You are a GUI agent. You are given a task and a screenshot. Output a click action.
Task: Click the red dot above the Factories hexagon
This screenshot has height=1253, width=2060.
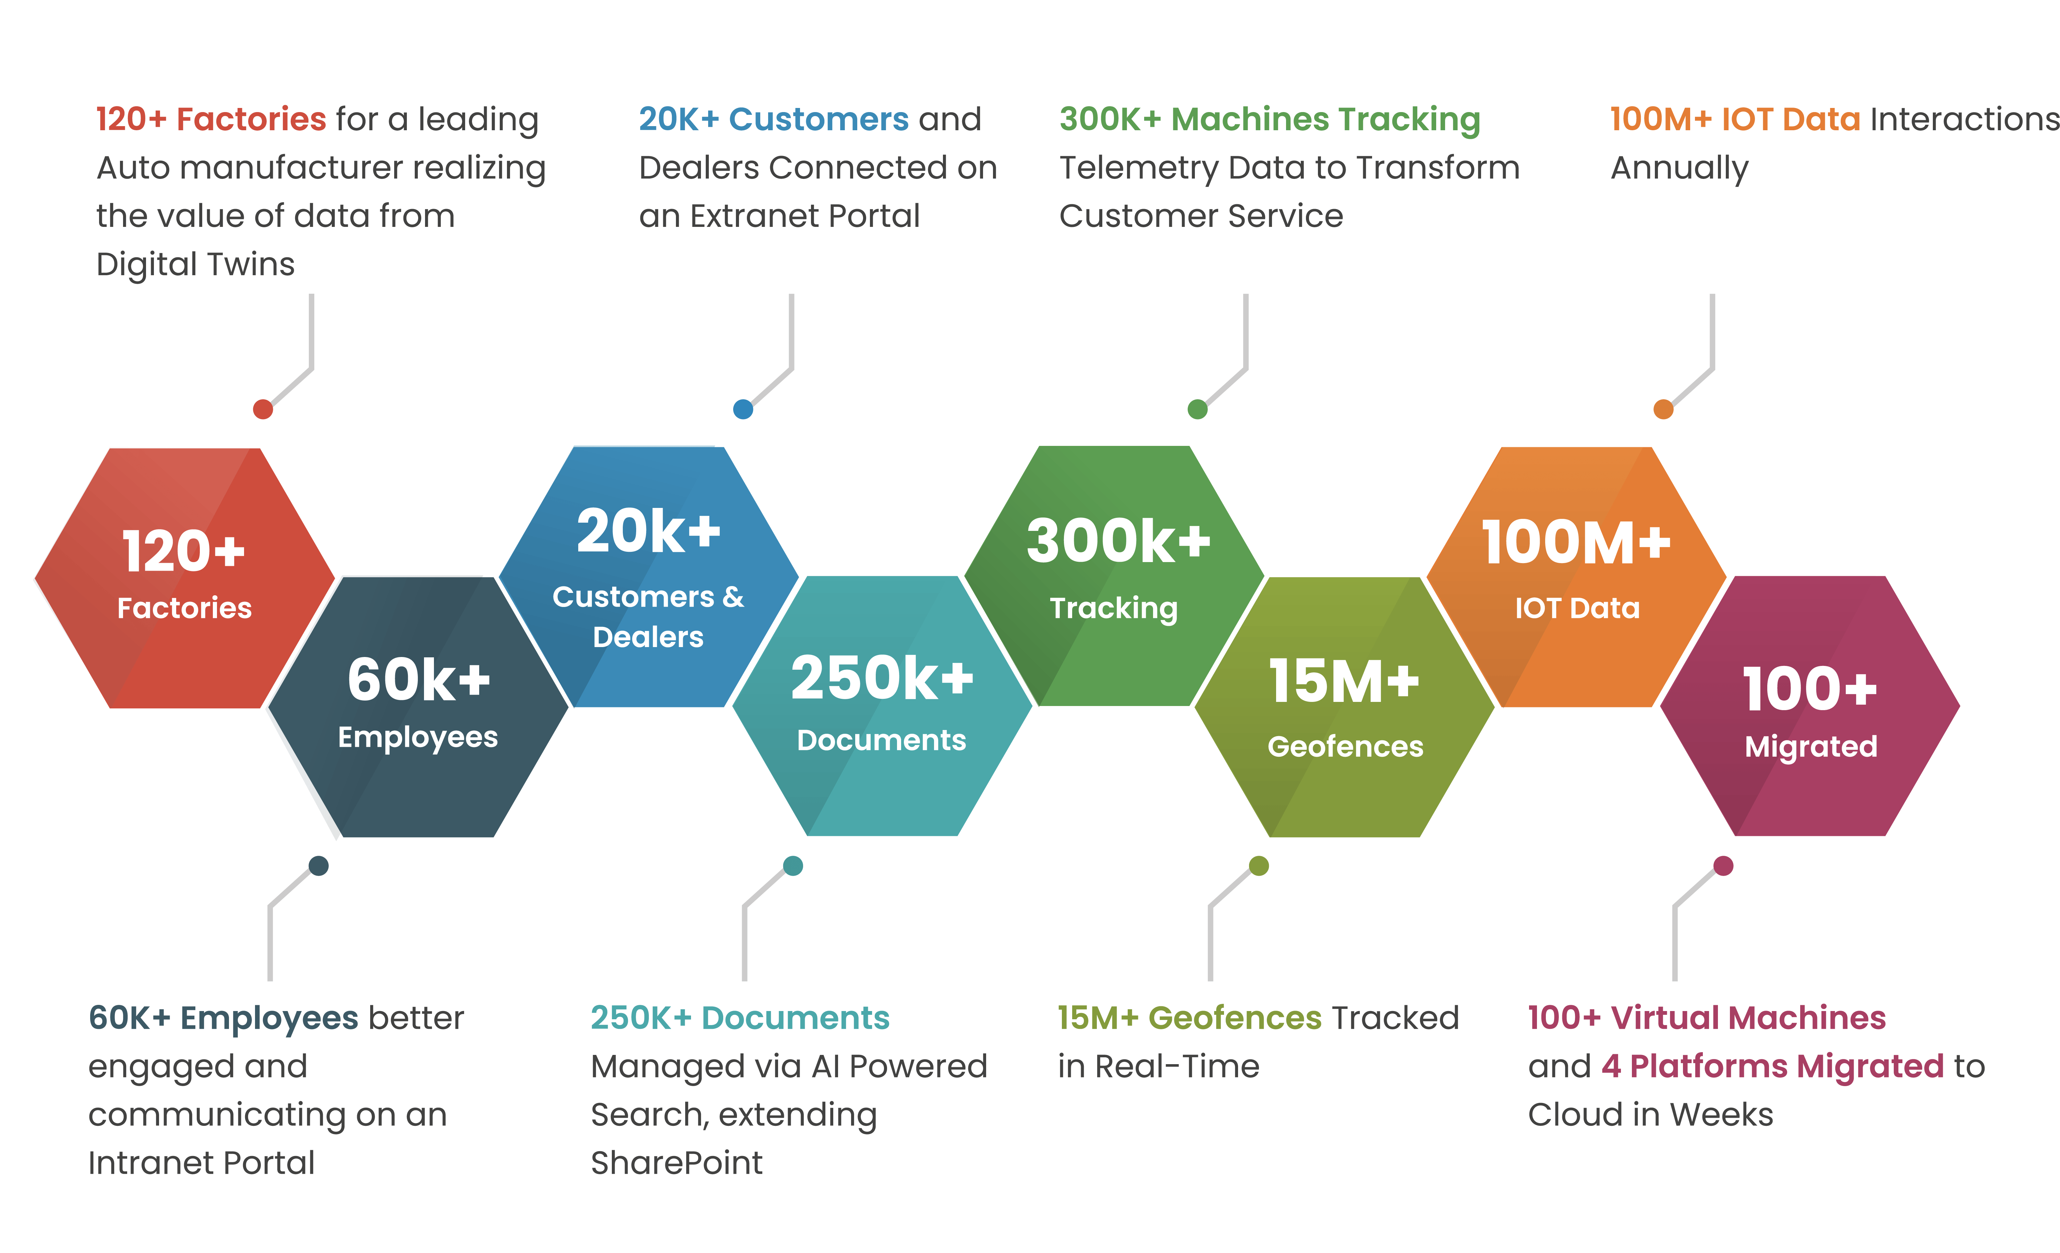click(x=263, y=409)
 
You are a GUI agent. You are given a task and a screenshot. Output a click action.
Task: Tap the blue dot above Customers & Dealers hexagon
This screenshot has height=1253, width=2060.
click(x=742, y=409)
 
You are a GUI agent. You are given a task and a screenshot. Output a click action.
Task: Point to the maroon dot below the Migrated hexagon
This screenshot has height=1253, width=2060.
click(x=1723, y=865)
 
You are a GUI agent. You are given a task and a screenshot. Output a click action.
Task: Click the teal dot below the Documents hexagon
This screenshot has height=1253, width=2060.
click(x=792, y=865)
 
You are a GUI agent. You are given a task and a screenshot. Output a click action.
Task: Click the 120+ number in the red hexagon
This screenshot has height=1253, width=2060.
click(x=184, y=552)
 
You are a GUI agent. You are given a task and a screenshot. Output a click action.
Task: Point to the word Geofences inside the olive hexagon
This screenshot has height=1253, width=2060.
click(x=1345, y=746)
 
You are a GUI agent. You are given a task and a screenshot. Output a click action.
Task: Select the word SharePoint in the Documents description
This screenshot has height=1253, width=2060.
click(x=676, y=1163)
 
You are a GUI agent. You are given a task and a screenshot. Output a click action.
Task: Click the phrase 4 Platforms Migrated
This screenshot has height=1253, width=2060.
click(x=1772, y=1067)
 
